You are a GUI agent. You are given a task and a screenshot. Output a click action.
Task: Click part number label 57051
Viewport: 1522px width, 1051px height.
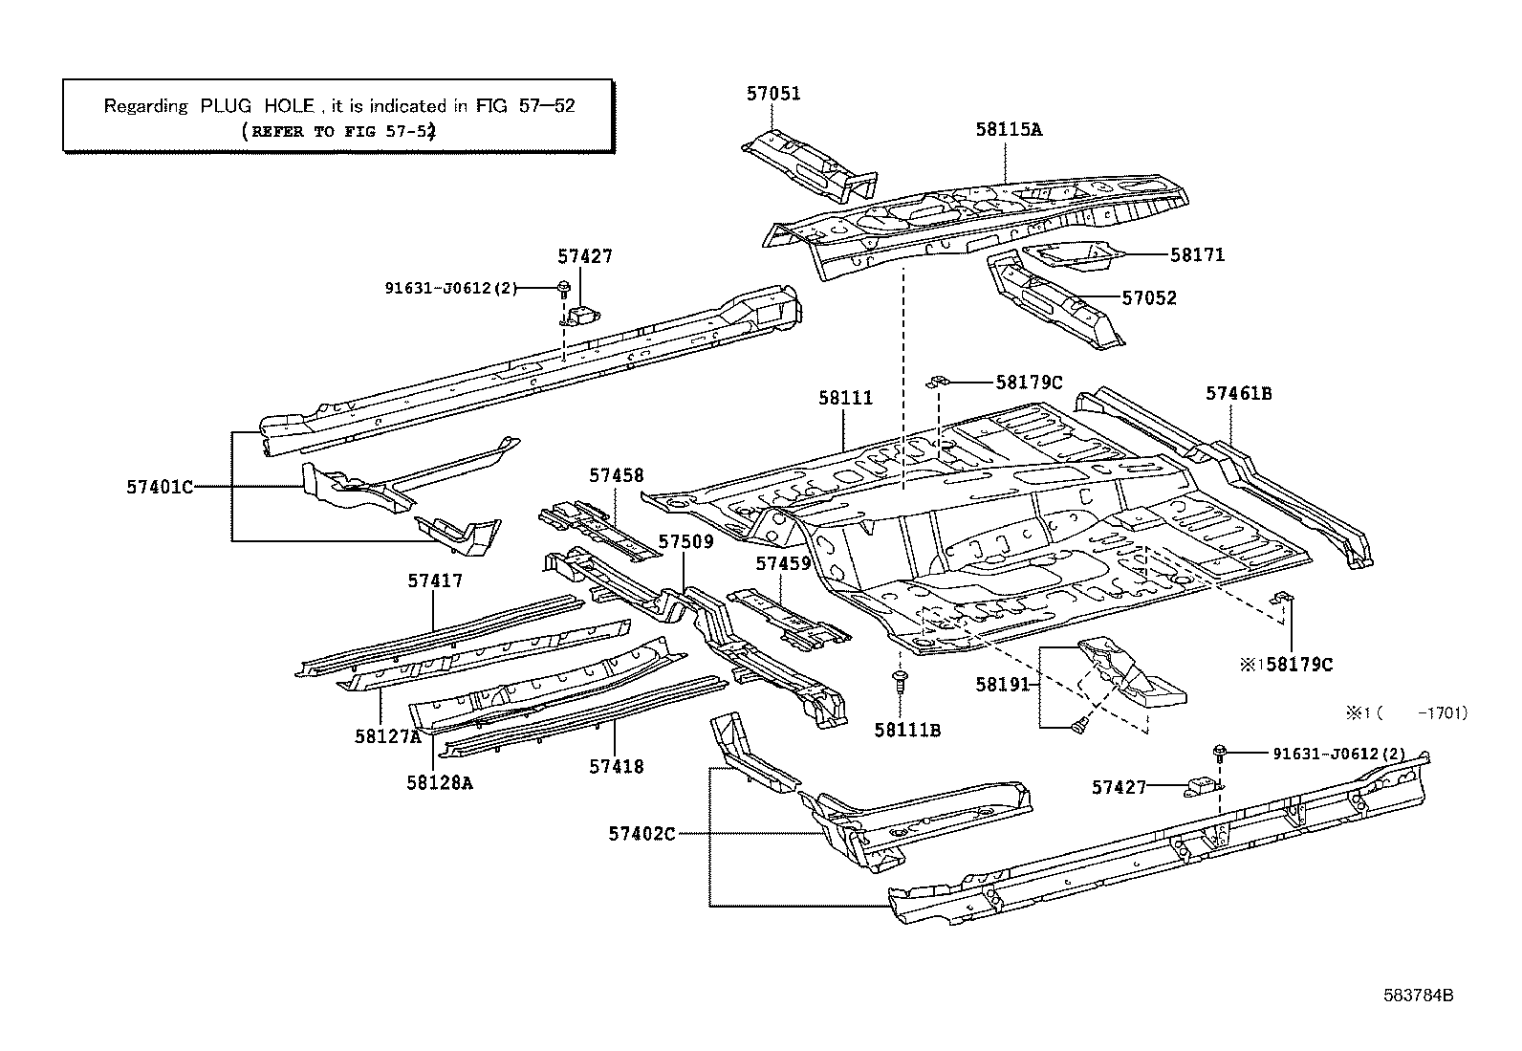pos(773,94)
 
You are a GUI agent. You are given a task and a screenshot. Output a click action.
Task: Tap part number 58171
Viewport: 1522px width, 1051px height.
pos(1197,255)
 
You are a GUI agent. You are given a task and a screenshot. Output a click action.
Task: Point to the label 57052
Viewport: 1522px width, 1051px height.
pos(1149,298)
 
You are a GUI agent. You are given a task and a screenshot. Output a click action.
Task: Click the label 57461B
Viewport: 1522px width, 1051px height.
pos(1238,393)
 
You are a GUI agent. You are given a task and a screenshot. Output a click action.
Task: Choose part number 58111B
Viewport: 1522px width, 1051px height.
pos(907,731)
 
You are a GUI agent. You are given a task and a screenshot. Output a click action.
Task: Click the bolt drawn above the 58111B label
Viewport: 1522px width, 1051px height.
pos(900,682)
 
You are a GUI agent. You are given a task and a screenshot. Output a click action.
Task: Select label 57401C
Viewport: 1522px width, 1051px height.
pos(160,487)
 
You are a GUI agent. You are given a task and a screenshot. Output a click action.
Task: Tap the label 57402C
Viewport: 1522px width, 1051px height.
pos(641,834)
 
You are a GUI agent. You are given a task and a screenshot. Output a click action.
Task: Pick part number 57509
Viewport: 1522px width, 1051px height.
pos(685,542)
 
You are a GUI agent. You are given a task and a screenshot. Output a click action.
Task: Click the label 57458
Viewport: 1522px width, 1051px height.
pos(616,475)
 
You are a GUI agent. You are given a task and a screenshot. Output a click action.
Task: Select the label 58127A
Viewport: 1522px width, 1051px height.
pos(387,736)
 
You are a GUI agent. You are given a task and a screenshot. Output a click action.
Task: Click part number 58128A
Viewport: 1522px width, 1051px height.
pos(439,782)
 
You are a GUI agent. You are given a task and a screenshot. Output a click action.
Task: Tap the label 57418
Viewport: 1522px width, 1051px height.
pos(616,766)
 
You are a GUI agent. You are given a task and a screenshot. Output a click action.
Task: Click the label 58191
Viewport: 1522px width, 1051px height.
pos(1002,685)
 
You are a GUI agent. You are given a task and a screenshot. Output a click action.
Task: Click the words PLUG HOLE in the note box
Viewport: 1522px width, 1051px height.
pos(257,106)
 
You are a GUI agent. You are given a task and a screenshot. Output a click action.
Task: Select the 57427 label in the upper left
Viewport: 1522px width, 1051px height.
pos(585,256)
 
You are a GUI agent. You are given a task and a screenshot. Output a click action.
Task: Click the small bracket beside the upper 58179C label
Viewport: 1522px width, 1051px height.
pos(936,383)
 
